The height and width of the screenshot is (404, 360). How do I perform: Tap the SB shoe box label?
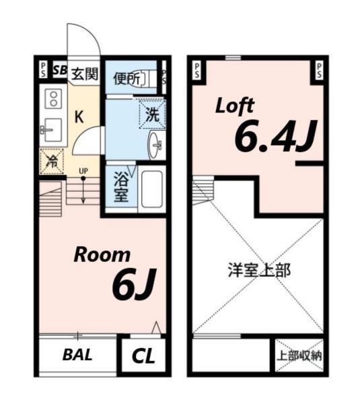(59, 69)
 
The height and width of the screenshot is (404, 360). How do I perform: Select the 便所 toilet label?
(127, 78)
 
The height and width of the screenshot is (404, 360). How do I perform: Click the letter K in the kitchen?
(79, 116)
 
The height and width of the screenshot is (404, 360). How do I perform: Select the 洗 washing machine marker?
(153, 113)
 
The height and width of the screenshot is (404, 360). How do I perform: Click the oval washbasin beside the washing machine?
(156, 145)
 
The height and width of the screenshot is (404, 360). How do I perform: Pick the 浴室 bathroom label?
(121, 189)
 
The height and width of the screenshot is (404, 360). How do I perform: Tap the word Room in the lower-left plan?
(102, 255)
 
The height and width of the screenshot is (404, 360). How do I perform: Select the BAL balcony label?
(78, 354)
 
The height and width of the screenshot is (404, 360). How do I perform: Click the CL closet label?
(142, 356)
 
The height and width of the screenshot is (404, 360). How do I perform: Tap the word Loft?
(234, 105)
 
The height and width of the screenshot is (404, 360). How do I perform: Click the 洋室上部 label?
(258, 271)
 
